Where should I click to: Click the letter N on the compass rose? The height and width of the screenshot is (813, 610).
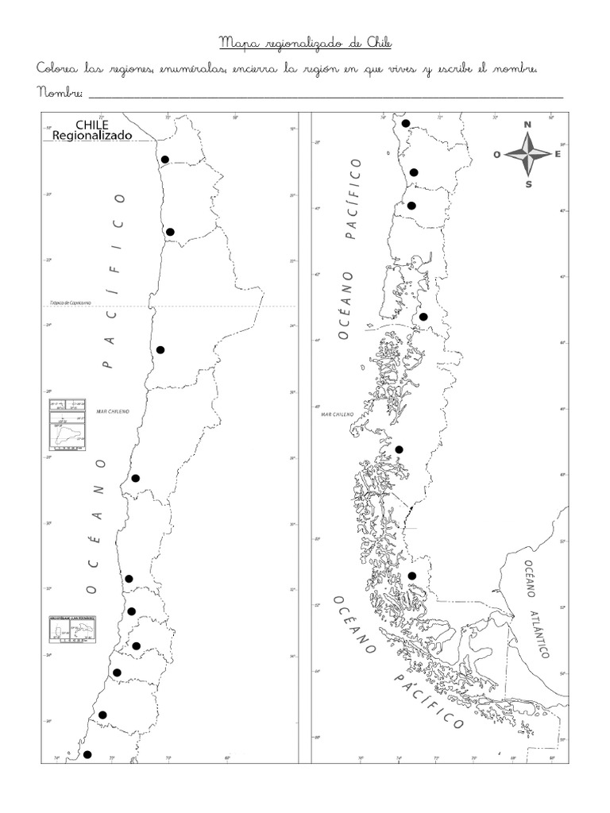pyautogui.click(x=527, y=125)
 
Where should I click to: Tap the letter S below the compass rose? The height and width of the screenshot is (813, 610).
pyautogui.click(x=529, y=184)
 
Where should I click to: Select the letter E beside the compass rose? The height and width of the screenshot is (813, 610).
pyautogui.click(x=558, y=154)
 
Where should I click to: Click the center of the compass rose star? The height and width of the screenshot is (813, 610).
pyautogui.click(x=528, y=154)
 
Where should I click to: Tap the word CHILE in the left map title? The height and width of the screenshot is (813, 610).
pyautogui.click(x=92, y=125)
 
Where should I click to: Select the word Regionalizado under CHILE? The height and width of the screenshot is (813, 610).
pyautogui.click(x=92, y=136)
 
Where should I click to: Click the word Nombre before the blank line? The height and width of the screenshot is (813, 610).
pyautogui.click(x=60, y=93)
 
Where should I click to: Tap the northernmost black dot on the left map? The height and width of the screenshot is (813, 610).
pyautogui.click(x=165, y=160)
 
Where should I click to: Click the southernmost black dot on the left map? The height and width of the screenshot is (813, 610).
pyautogui.click(x=87, y=754)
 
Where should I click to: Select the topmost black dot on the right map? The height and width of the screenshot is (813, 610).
pyautogui.click(x=405, y=123)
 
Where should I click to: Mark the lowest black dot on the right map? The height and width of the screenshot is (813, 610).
pyautogui.click(x=411, y=576)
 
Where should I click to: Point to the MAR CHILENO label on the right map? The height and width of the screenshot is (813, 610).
pyautogui.click(x=337, y=414)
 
